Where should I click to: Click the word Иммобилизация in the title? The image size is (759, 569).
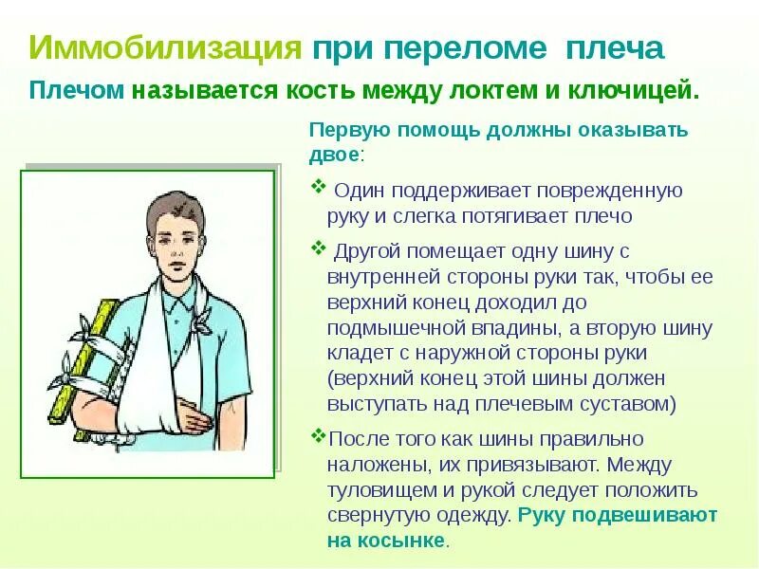pos(166,48)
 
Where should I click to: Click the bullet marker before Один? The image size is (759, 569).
pos(318,188)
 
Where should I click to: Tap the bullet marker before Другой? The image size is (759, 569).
pos(318,248)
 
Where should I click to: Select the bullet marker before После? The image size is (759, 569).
pos(317,437)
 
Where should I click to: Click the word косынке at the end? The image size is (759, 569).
pos(402,541)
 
